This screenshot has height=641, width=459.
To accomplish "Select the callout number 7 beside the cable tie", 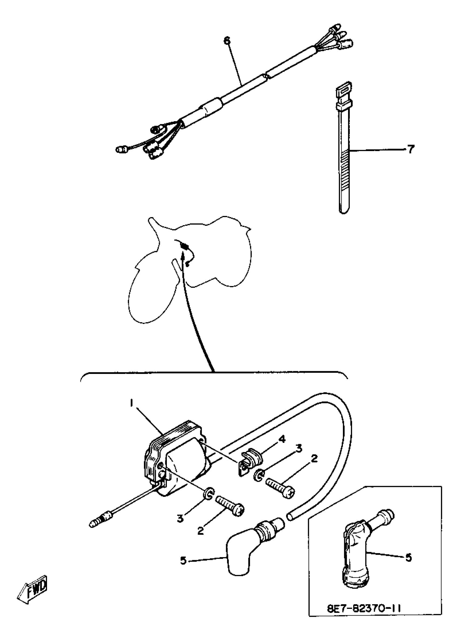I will click(411, 149).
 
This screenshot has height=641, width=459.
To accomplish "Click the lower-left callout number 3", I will click(180, 518).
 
